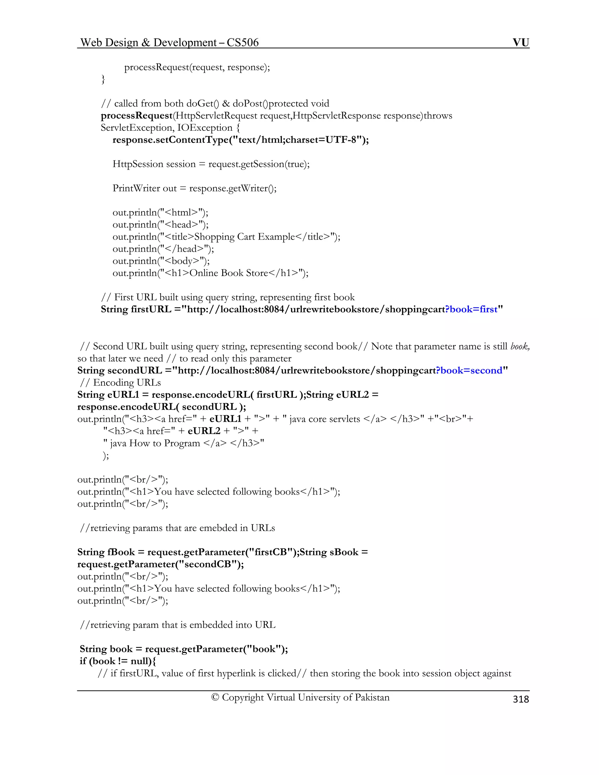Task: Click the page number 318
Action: (521, 699)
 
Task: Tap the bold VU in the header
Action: (521, 43)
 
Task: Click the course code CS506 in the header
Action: (243, 43)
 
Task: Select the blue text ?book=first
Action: (471, 309)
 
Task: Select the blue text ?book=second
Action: (469, 371)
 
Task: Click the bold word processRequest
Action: (137, 116)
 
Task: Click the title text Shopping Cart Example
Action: (245, 237)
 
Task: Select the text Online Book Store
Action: (229, 273)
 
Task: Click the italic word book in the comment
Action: (519, 346)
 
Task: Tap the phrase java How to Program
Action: (155, 443)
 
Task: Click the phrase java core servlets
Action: (325, 419)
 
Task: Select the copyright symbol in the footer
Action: (215, 697)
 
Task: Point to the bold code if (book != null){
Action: (118, 661)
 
